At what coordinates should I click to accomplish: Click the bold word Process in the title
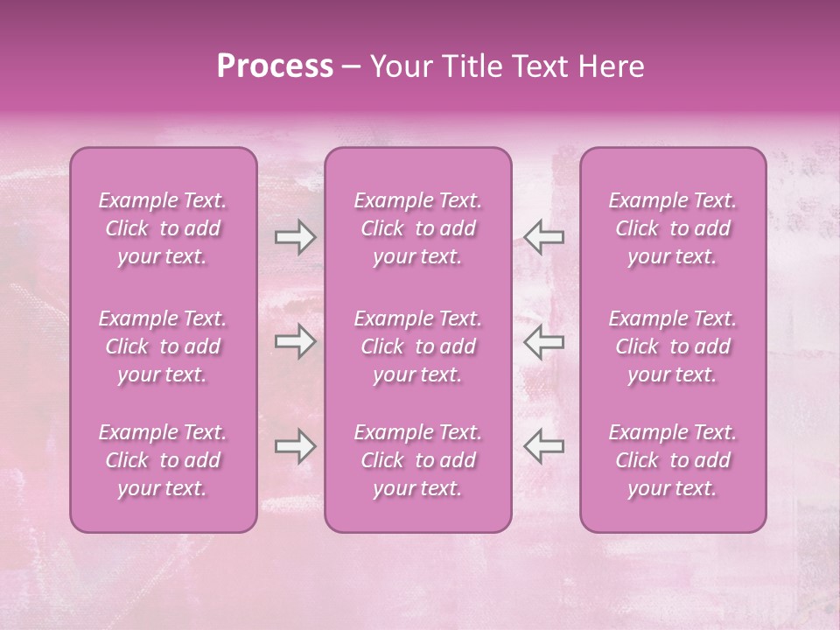click(275, 66)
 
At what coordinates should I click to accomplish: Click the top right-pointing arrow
click(296, 237)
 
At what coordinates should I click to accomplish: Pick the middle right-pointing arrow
click(296, 341)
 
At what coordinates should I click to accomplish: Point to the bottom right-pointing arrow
click(296, 446)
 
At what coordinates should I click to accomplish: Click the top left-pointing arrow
click(543, 237)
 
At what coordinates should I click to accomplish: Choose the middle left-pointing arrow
click(543, 341)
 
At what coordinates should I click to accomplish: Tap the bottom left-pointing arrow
click(543, 446)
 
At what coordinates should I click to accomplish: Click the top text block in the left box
click(163, 228)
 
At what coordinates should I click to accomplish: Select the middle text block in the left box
click(163, 346)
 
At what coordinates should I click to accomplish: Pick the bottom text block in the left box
click(163, 460)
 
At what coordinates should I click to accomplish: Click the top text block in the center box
click(418, 228)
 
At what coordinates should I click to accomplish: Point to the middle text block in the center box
click(418, 346)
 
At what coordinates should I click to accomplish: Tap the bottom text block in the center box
click(418, 460)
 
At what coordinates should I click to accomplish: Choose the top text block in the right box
click(673, 228)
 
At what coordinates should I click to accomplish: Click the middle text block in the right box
click(673, 346)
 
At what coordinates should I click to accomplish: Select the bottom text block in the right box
click(673, 460)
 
